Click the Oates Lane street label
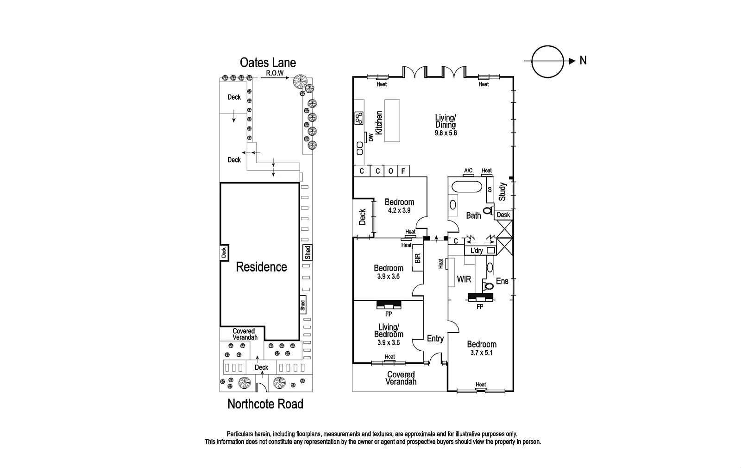click(x=268, y=63)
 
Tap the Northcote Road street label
click(x=265, y=404)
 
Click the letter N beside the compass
click(x=583, y=60)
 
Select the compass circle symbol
click(x=548, y=61)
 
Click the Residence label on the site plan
click(x=261, y=267)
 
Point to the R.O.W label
click(x=274, y=73)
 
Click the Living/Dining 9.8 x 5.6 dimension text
click(x=446, y=133)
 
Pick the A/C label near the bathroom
click(x=468, y=171)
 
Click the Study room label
click(x=502, y=191)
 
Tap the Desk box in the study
click(x=503, y=215)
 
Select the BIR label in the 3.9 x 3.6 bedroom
click(x=418, y=259)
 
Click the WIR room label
click(x=464, y=279)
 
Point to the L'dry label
click(x=477, y=251)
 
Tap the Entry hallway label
click(x=435, y=339)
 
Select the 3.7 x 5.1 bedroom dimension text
click(x=482, y=352)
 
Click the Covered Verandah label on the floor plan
click(x=401, y=378)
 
